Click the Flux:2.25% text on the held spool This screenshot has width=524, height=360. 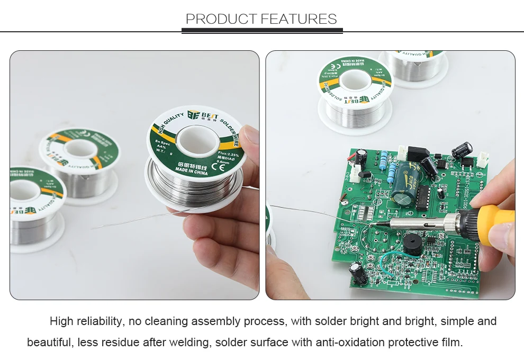point(227,154)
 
